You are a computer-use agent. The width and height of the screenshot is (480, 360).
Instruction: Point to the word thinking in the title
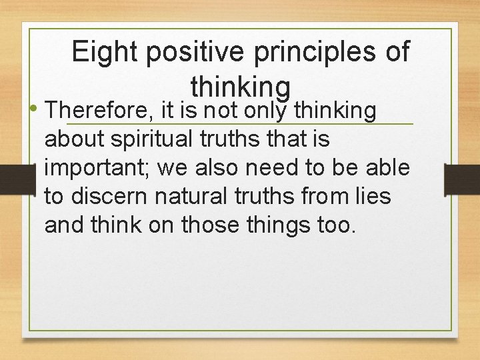click(x=240, y=86)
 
